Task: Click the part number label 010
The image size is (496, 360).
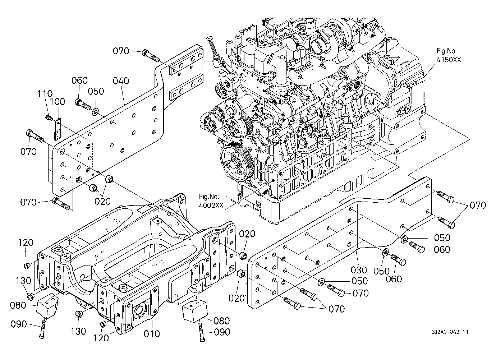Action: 152,334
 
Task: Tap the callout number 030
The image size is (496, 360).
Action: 359,270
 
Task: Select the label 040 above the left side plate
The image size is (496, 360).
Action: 121,81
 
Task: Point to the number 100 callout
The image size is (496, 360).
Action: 57,102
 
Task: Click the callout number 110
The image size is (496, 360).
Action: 45,94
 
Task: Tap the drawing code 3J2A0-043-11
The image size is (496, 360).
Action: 450,332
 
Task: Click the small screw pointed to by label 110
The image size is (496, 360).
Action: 48,117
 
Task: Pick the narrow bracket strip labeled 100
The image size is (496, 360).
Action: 58,130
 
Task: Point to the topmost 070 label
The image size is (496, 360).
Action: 121,51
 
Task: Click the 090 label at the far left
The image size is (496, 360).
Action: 19,324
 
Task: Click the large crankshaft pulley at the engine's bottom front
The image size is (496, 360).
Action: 236,160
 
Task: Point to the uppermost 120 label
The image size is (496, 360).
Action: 26,243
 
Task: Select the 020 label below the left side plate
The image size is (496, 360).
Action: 102,201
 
